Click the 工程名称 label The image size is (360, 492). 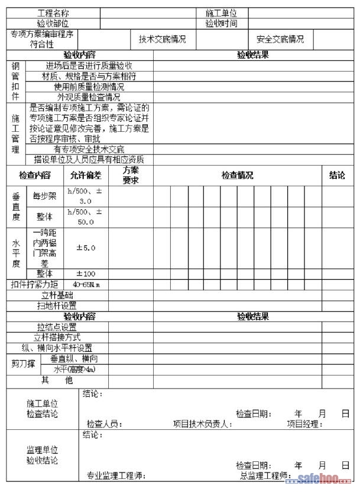coord(53,13)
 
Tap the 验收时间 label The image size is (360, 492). coord(221,24)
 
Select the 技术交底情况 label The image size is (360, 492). coord(162,40)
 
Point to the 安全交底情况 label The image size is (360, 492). coord(280,40)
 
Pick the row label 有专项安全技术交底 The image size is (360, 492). coord(89,149)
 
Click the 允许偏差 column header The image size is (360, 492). coord(86,175)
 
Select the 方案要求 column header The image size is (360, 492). coord(131,175)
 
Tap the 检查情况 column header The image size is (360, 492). coord(237,175)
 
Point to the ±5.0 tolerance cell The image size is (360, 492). coord(86,248)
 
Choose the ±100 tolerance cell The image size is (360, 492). coord(86,274)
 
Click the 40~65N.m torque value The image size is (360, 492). coord(86,284)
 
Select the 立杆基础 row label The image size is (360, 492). coord(57,295)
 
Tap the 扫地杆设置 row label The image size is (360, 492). coord(57,306)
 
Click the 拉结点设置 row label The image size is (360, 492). coord(57,327)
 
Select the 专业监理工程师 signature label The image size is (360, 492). coord(115,475)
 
